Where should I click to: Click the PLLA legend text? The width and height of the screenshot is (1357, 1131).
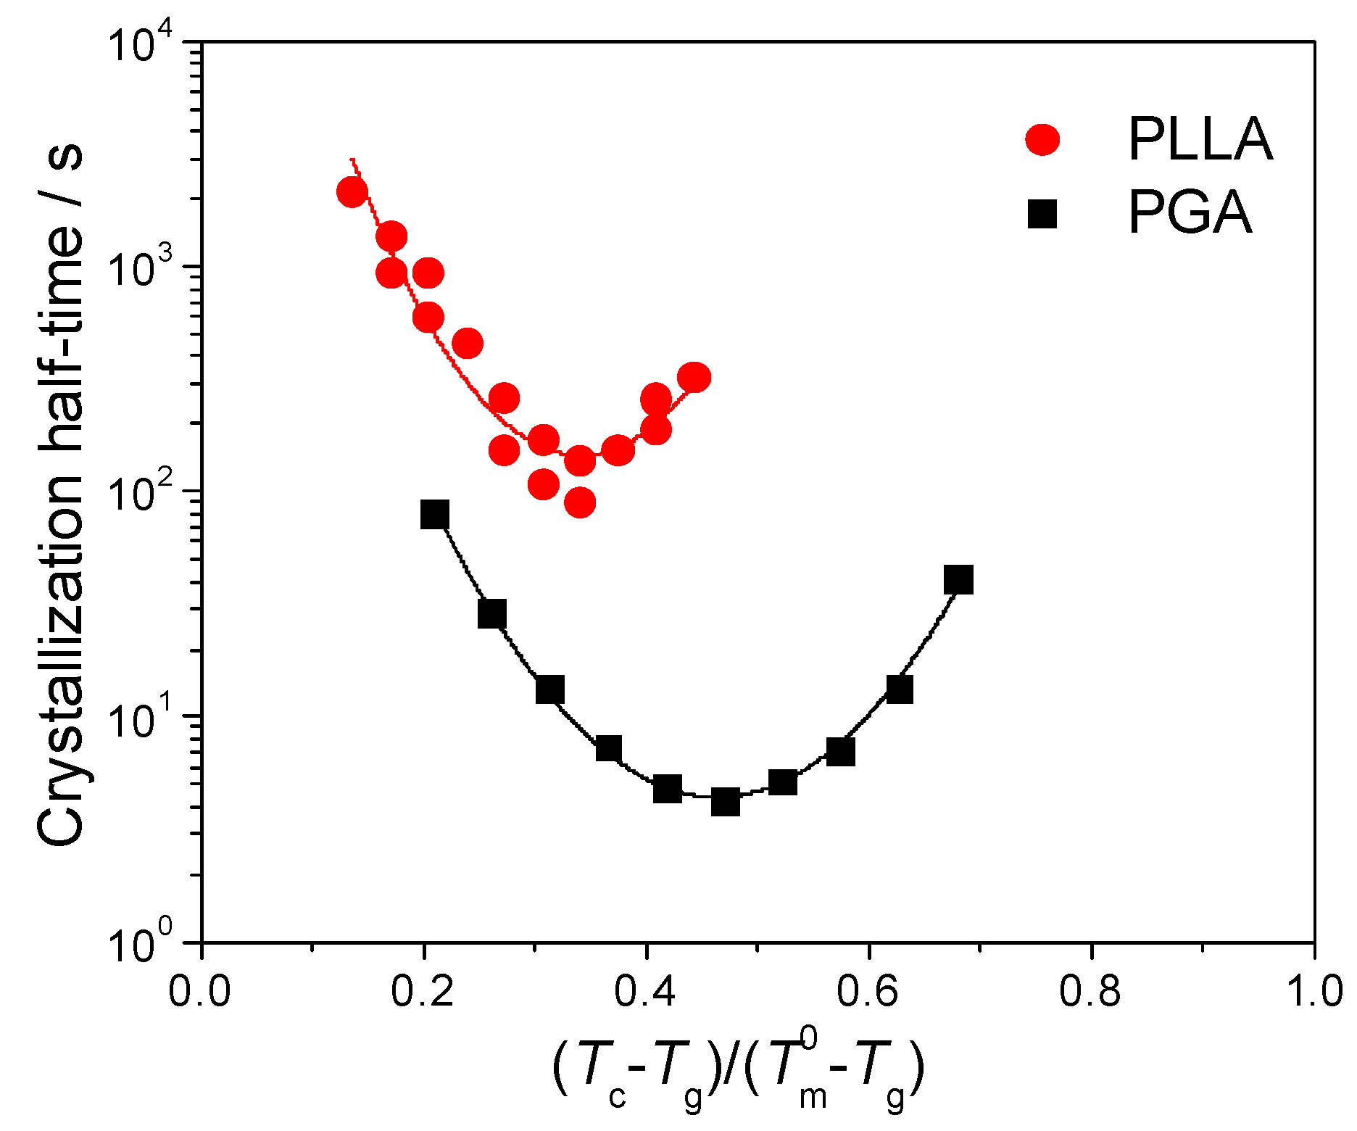pyautogui.click(x=1200, y=139)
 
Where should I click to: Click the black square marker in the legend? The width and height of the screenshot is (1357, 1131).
pyautogui.click(x=1042, y=214)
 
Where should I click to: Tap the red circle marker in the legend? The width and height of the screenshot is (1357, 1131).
pyautogui.click(x=1042, y=139)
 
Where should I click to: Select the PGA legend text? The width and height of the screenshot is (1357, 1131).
pyautogui.click(x=1190, y=213)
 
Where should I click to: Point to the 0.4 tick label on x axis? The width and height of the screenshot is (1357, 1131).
pyautogui.click(x=644, y=991)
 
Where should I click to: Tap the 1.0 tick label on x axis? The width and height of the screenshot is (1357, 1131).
pyautogui.click(x=1314, y=991)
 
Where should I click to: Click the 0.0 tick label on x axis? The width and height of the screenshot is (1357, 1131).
pyautogui.click(x=199, y=991)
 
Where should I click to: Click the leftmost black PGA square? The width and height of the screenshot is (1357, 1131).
pyautogui.click(x=435, y=514)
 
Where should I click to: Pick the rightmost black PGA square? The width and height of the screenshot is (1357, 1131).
pyautogui.click(x=958, y=580)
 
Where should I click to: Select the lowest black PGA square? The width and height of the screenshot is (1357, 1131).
pyautogui.click(x=725, y=803)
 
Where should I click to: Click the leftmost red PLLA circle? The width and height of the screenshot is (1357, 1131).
pyautogui.click(x=352, y=192)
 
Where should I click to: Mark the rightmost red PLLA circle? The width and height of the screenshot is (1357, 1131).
pyautogui.click(x=694, y=378)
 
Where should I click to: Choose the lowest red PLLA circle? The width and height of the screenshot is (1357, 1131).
pyautogui.click(x=580, y=502)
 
